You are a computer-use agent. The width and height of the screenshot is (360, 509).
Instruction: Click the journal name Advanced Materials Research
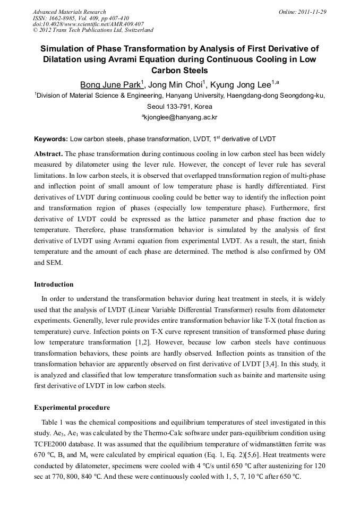69,12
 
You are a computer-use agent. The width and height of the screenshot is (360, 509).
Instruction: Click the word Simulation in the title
65,48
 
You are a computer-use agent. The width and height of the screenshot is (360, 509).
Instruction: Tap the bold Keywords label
50,139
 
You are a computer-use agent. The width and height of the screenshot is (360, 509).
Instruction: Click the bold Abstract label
48,153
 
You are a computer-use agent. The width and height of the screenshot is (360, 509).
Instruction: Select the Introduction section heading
54,284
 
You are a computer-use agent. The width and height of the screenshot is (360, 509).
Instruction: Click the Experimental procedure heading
72,408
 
